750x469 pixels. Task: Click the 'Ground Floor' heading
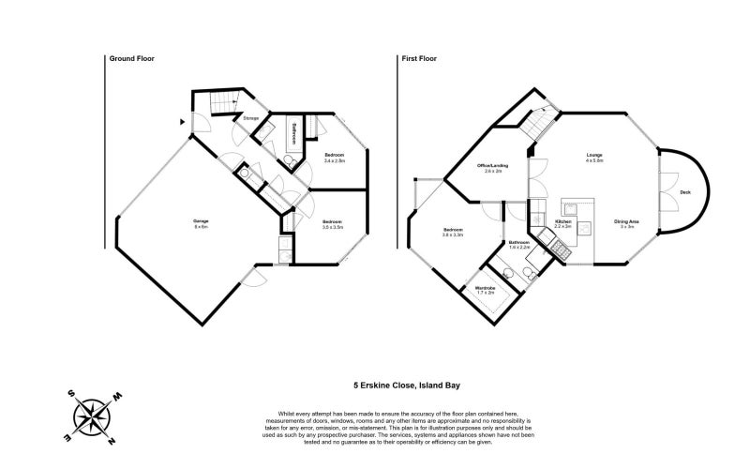pyautogui.click(x=131, y=58)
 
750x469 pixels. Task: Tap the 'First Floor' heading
pyautogui.click(x=419, y=58)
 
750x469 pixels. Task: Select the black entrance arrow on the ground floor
pyautogui.click(x=181, y=121)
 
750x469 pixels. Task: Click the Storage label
pyautogui.click(x=251, y=119)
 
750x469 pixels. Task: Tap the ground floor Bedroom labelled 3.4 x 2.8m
pyautogui.click(x=334, y=157)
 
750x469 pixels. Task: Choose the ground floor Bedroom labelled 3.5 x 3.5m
pyautogui.click(x=333, y=223)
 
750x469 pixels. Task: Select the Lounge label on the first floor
pyautogui.click(x=593, y=158)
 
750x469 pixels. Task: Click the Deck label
pyautogui.click(x=684, y=192)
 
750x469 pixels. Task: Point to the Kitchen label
pyautogui.click(x=563, y=223)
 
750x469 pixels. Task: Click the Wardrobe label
pyautogui.click(x=485, y=290)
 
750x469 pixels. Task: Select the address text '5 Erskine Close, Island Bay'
pyautogui.click(x=406, y=385)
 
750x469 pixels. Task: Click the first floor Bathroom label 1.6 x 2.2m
pyautogui.click(x=519, y=245)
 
